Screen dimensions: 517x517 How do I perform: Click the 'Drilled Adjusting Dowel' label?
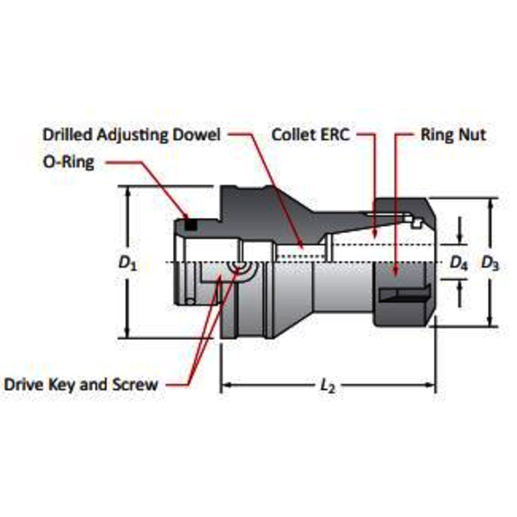pyautogui.click(x=133, y=135)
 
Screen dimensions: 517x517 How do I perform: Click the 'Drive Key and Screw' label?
pyautogui.click(x=81, y=385)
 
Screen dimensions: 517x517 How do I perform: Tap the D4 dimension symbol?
pyautogui.click(x=459, y=262)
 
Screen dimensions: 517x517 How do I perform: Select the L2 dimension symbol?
pyautogui.click(x=328, y=386)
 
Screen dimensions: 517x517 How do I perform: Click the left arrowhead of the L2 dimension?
pyautogui.click(x=225, y=386)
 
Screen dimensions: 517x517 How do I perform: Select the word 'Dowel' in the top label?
pyautogui.click(x=203, y=135)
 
